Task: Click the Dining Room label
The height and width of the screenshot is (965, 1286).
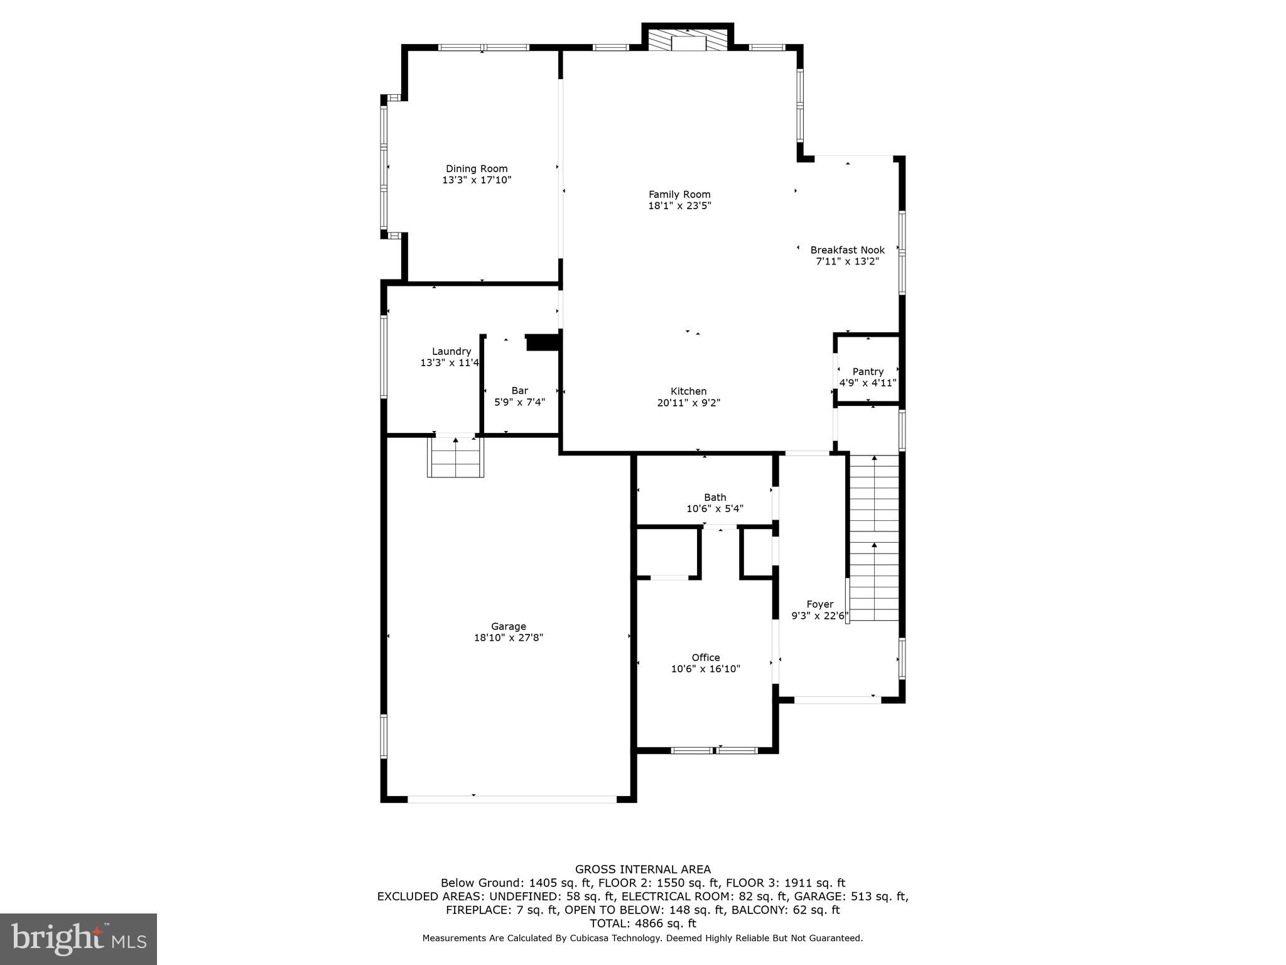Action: (477, 168)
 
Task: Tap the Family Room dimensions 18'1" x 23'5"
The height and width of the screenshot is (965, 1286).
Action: (679, 205)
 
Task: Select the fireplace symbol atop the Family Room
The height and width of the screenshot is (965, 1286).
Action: (688, 41)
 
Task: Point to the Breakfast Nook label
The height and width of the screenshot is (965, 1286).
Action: (847, 249)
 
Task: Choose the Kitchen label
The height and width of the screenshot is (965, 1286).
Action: (688, 391)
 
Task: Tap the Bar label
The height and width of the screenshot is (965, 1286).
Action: (519, 390)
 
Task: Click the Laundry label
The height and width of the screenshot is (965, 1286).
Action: (451, 351)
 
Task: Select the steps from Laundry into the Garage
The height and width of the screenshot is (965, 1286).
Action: (456, 457)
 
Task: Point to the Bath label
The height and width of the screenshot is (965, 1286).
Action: (715, 497)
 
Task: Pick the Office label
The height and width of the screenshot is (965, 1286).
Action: (706, 657)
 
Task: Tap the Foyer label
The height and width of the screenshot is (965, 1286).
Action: (819, 604)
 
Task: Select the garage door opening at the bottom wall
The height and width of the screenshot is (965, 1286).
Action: (512, 799)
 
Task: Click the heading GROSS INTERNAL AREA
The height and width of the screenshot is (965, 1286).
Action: (643, 870)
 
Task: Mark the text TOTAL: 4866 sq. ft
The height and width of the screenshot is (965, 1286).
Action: (643, 924)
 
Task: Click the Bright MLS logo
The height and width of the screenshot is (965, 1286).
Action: (78, 939)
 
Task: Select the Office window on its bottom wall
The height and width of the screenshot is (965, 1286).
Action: (714, 750)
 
